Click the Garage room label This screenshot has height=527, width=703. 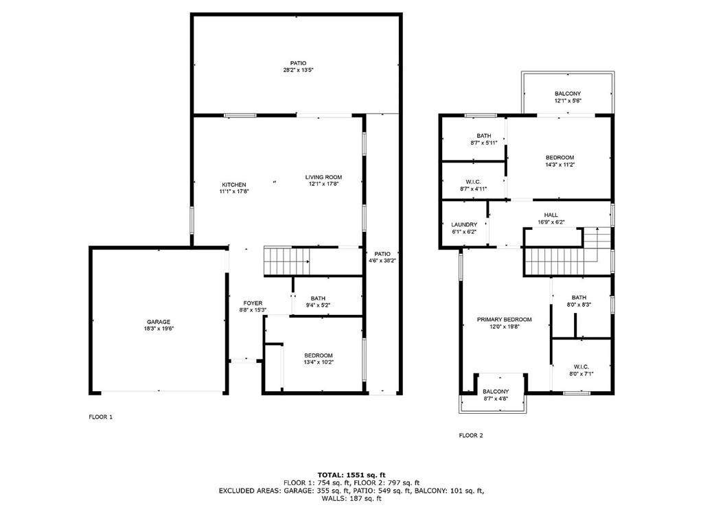pyautogui.click(x=158, y=322)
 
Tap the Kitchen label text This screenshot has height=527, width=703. pyautogui.click(x=233, y=185)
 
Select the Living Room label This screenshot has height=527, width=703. pyautogui.click(x=323, y=178)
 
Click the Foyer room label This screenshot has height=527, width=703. pyautogui.click(x=253, y=303)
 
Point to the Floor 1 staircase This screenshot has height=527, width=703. pyautogui.click(x=286, y=261)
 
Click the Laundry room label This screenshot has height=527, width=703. pyautogui.click(x=464, y=224)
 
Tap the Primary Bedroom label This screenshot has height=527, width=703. pyautogui.click(x=505, y=320)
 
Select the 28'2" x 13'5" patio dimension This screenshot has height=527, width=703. pyautogui.click(x=298, y=71)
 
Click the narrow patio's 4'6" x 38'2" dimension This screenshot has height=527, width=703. pyautogui.click(x=382, y=260)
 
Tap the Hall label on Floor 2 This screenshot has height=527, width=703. pyautogui.click(x=551, y=214)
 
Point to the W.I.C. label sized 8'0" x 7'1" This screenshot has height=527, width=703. pyautogui.click(x=580, y=367)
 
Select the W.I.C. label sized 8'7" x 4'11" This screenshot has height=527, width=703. pyautogui.click(x=474, y=181)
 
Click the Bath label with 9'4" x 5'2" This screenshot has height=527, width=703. pyautogui.click(x=317, y=298)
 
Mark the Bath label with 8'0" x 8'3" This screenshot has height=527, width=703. pyautogui.click(x=580, y=297)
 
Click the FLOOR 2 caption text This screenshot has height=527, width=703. pyautogui.click(x=471, y=435)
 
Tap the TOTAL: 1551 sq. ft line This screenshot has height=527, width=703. pyautogui.click(x=351, y=474)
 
